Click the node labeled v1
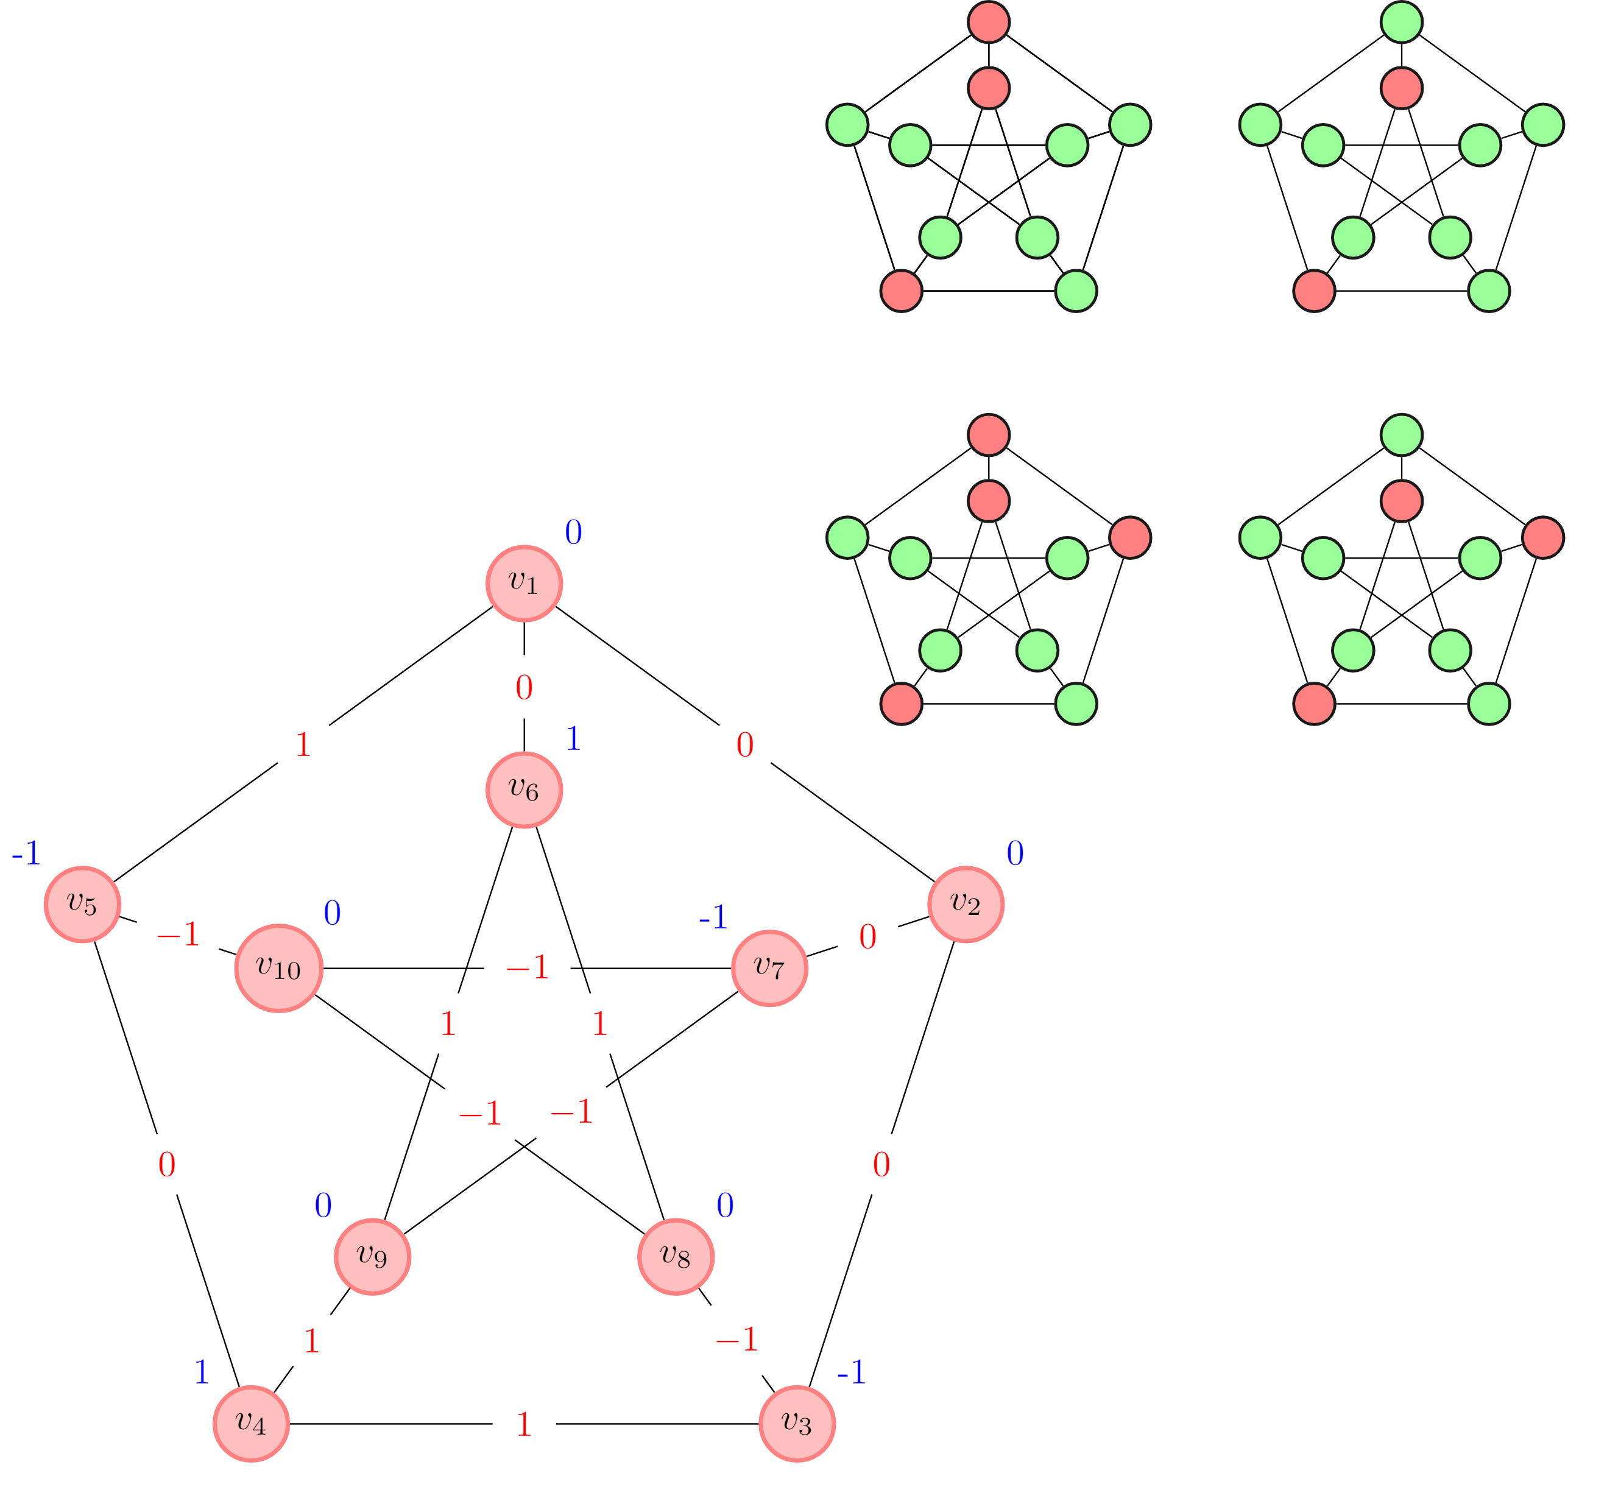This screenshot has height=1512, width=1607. click(x=524, y=583)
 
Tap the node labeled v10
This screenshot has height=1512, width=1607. click(x=279, y=968)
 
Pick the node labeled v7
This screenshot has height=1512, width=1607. click(x=769, y=968)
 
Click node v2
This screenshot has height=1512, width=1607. click(x=966, y=904)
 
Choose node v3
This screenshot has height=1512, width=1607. click(x=797, y=1424)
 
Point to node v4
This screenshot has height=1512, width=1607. click(x=252, y=1424)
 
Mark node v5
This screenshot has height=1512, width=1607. click(x=82, y=904)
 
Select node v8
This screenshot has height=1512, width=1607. click(x=676, y=1257)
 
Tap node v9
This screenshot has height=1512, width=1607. click(x=373, y=1257)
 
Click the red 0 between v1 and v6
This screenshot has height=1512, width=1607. click(x=524, y=688)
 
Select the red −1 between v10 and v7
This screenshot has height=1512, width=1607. click(x=527, y=968)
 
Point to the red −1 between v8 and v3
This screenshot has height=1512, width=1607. click(x=736, y=1340)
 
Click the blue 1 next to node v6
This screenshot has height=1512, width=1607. click(x=573, y=739)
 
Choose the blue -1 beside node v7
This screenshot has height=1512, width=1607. click(x=713, y=917)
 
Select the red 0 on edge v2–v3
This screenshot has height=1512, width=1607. click(x=881, y=1165)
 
